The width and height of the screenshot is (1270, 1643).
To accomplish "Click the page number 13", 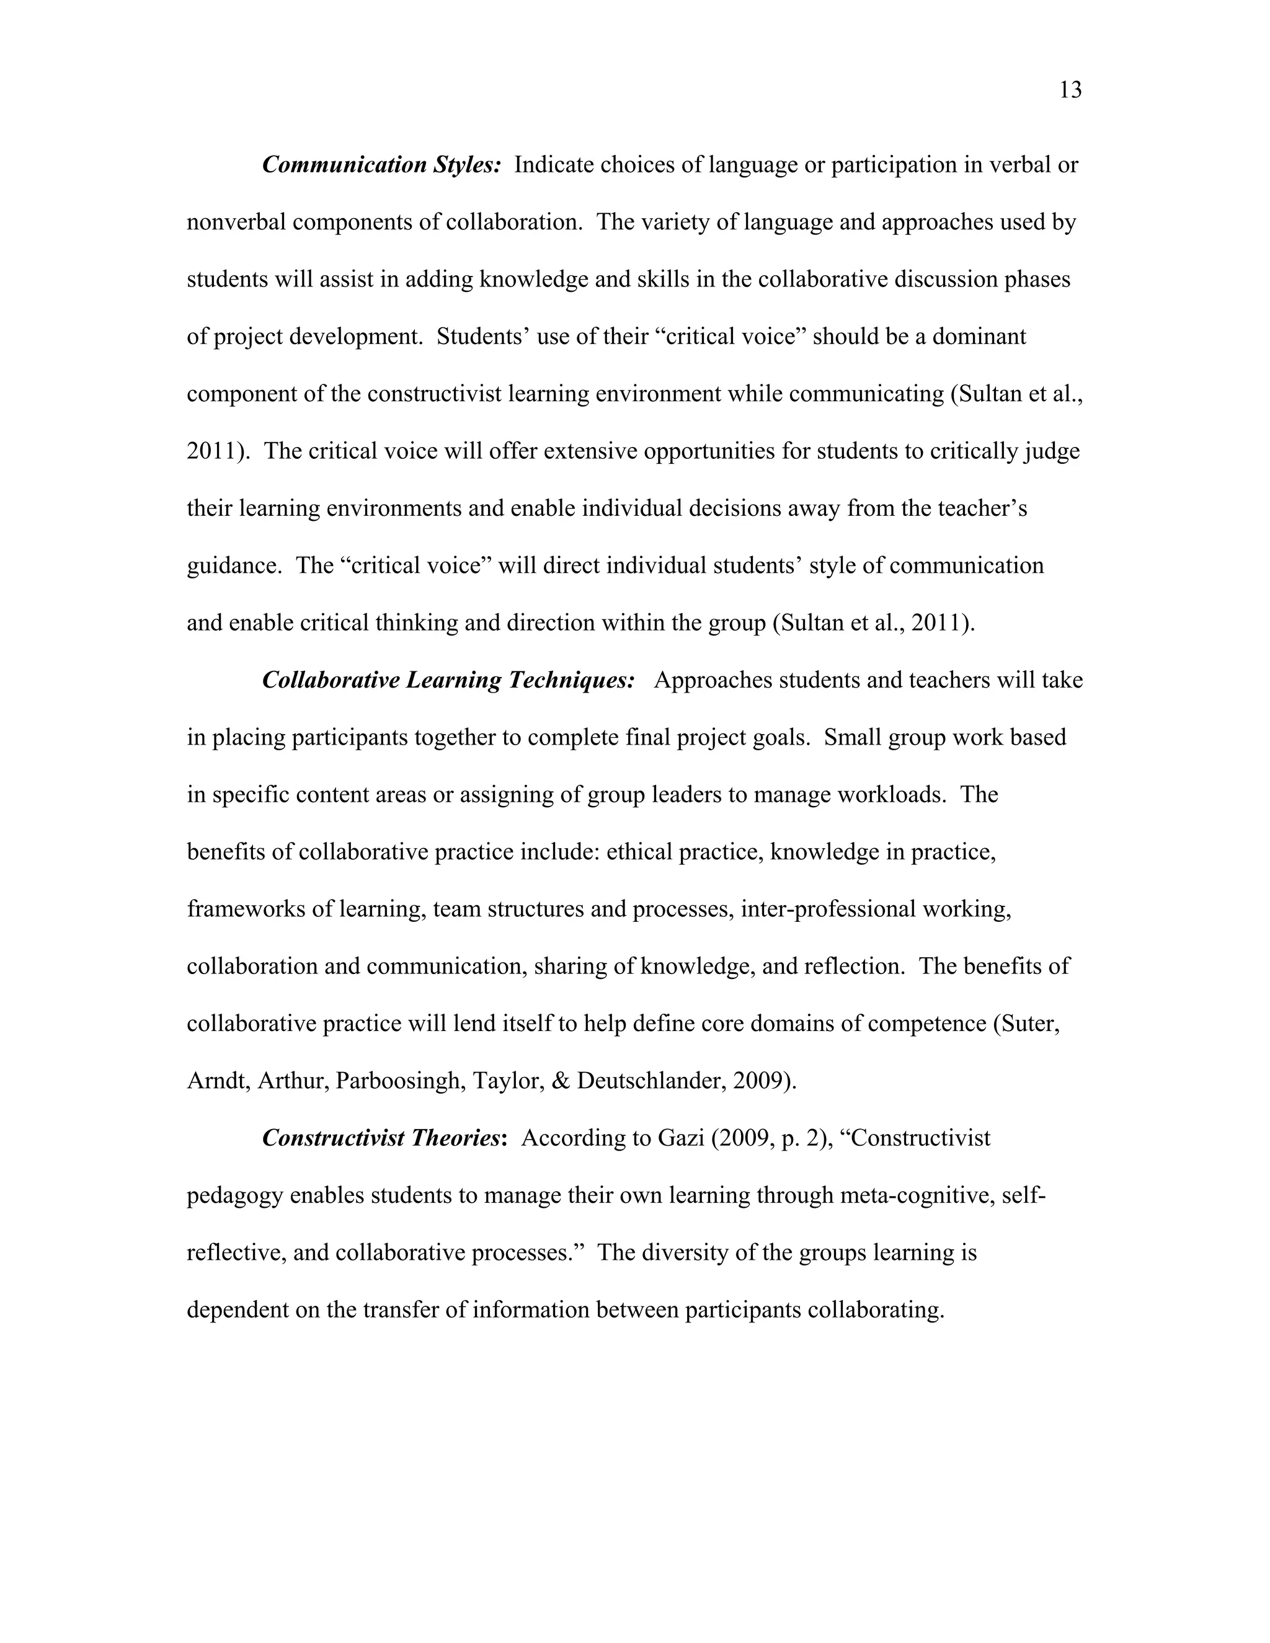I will [1070, 91].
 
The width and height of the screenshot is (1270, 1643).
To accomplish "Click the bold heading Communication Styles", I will [381, 165].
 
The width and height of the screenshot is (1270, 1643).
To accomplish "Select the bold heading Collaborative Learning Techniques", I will [448, 680].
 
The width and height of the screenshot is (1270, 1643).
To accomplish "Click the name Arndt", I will [218, 1081].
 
